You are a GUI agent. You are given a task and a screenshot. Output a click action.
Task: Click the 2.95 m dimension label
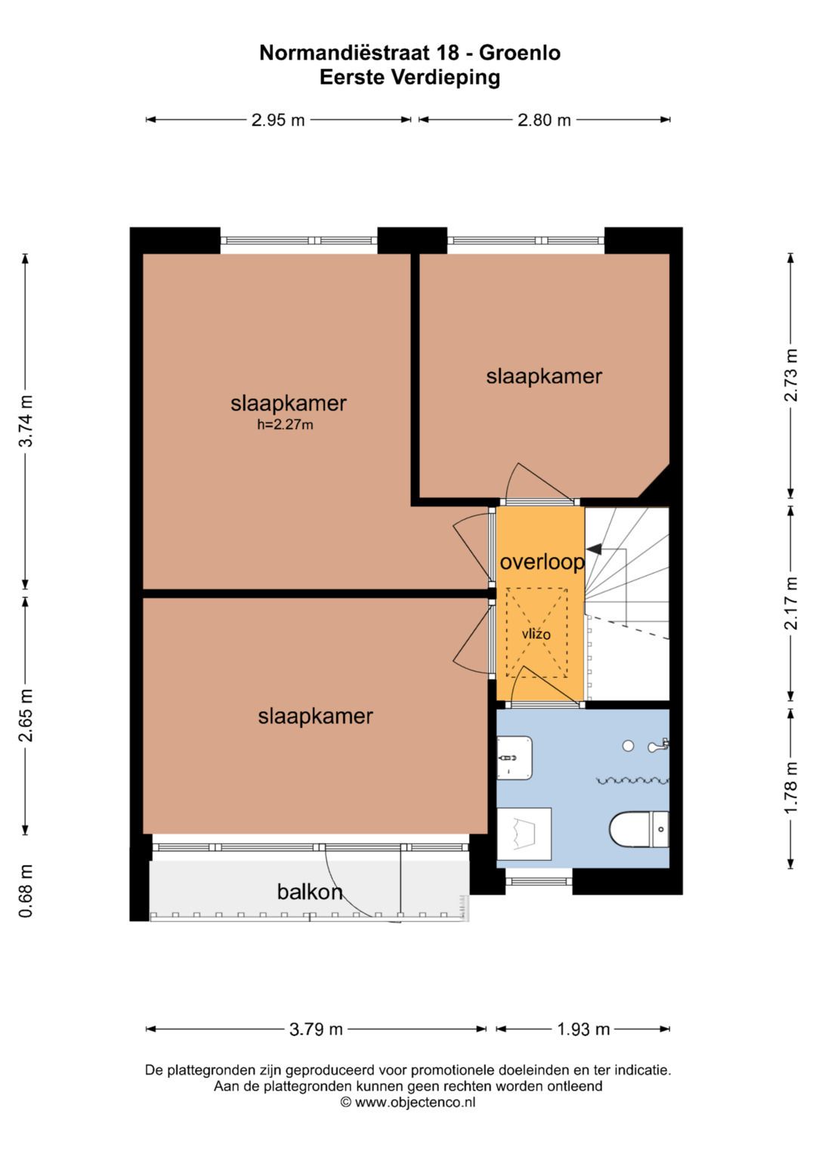(x=278, y=120)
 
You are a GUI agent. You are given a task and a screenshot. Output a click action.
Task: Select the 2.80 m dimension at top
(x=544, y=120)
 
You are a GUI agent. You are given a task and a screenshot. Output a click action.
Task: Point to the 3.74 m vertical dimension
(x=26, y=421)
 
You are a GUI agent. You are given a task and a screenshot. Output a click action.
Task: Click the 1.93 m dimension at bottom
(x=583, y=1029)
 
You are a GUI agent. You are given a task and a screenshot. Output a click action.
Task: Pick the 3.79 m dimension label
(x=316, y=1029)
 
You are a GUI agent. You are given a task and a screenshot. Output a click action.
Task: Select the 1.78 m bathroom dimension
(x=791, y=787)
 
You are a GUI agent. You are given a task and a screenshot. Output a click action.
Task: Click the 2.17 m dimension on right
(x=791, y=603)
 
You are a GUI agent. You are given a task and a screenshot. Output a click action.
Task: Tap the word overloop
(x=542, y=562)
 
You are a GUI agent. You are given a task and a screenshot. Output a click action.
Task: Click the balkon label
(x=310, y=892)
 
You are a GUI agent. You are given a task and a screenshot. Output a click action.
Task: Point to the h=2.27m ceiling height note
(x=285, y=425)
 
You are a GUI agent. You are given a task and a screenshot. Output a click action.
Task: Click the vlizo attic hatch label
(x=536, y=634)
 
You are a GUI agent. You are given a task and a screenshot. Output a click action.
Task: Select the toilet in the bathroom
(x=638, y=830)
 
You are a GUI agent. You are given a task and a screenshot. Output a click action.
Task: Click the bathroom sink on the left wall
(x=515, y=757)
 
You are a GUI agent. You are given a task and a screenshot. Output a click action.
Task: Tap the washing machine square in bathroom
(x=524, y=834)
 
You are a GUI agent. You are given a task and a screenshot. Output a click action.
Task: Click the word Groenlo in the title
(x=520, y=53)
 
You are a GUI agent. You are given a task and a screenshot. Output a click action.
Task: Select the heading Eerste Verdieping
(x=410, y=77)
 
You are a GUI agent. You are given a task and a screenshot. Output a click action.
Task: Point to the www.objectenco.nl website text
(x=415, y=1102)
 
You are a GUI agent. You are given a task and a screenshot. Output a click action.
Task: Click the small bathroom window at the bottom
(x=539, y=880)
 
